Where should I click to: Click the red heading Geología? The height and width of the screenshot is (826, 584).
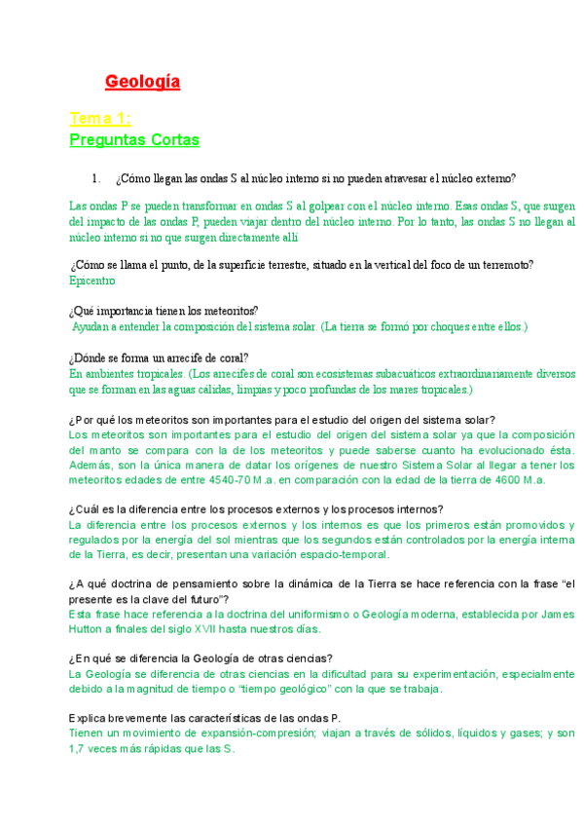pyautogui.click(x=142, y=82)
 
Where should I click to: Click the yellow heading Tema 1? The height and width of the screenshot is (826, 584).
pyautogui.click(x=100, y=119)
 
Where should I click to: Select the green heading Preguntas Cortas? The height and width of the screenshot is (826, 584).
pyautogui.click(x=134, y=140)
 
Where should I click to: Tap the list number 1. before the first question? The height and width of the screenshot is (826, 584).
pyautogui.click(x=96, y=178)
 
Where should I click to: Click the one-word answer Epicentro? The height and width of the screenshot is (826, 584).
pyautogui.click(x=92, y=280)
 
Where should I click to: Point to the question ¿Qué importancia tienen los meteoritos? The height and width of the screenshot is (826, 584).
pyautogui.click(x=164, y=311)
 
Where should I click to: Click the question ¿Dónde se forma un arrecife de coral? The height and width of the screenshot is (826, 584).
pyautogui.click(x=159, y=357)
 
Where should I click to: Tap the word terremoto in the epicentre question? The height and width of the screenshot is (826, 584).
pyautogui.click(x=499, y=265)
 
